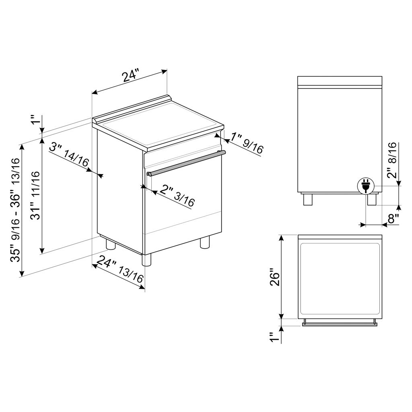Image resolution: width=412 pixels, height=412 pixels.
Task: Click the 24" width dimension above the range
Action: [x=130, y=75]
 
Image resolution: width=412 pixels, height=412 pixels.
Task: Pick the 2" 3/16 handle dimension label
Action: [x=177, y=196]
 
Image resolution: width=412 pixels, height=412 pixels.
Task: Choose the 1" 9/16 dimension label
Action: [x=247, y=143]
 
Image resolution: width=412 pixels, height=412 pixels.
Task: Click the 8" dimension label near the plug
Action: [x=393, y=218]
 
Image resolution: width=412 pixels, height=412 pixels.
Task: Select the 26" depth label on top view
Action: [x=275, y=277]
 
